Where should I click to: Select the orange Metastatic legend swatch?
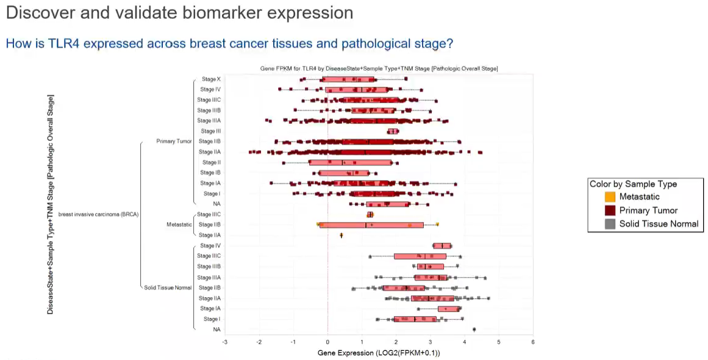pyautogui.click(x=610, y=197)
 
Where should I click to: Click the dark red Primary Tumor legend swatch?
pyautogui.click(x=610, y=211)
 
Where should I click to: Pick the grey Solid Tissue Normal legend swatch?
pyautogui.click(x=610, y=224)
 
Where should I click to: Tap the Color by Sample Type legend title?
pyautogui.click(x=633, y=184)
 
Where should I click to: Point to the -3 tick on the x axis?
pyautogui.click(x=225, y=342)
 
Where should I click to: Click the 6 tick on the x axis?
pyautogui.click(x=533, y=342)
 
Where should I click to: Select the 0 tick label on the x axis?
pyautogui.click(x=327, y=342)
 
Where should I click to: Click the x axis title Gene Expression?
pyautogui.click(x=379, y=353)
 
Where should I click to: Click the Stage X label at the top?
pyautogui.click(x=211, y=79)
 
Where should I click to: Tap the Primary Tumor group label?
pyautogui.click(x=174, y=142)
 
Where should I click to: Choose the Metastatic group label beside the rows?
pyautogui.click(x=179, y=225)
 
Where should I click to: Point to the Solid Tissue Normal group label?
pyautogui.click(x=168, y=287)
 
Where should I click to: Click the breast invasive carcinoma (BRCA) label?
pyautogui.click(x=98, y=214)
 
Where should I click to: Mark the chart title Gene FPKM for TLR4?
pyautogui.click(x=379, y=68)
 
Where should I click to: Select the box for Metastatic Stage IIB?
pyautogui.click(x=371, y=225)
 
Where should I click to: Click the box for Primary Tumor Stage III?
pyautogui.click(x=393, y=131)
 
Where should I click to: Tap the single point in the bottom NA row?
pyautogui.click(x=474, y=329)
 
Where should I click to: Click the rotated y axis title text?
pyautogui.click(x=51, y=204)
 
